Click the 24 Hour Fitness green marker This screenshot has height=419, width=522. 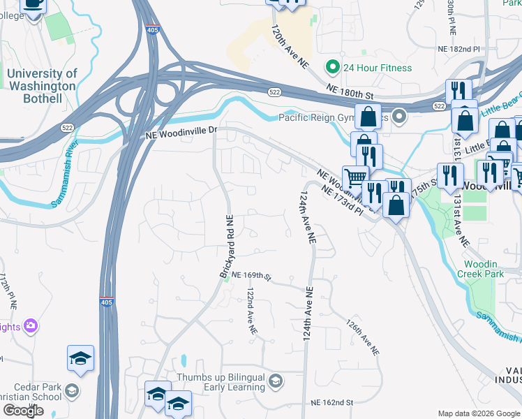point(332,68)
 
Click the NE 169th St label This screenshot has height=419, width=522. point(251,276)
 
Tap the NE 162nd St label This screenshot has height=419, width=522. point(333,402)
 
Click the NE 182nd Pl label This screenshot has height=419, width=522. point(458,50)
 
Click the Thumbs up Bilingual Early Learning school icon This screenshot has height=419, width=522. point(276,381)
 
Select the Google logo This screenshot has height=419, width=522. point(23,411)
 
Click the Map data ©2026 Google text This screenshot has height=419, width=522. point(479,413)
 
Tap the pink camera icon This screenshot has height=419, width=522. point(30,325)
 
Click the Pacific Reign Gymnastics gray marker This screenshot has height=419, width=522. point(398,116)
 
